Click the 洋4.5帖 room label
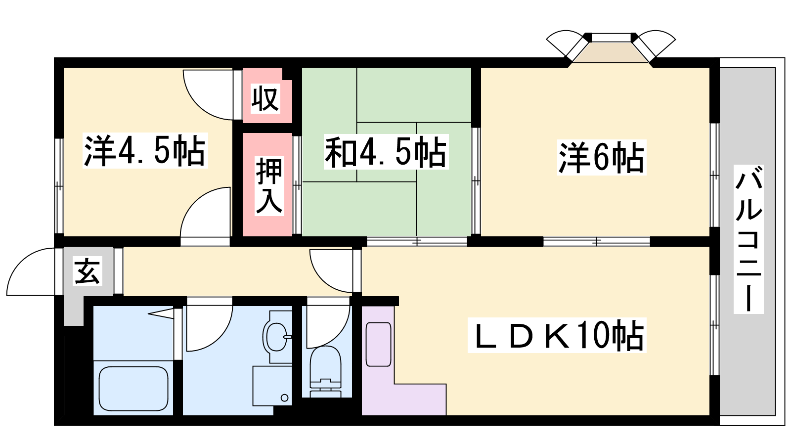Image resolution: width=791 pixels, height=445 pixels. coord(145,150)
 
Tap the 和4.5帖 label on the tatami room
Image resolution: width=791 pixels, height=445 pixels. coord(386,152)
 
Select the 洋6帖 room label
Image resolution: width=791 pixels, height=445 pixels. coord(601,158)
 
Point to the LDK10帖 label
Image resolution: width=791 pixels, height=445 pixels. coord(557,335)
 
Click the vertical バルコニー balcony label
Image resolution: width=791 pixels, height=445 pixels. coord(748,239)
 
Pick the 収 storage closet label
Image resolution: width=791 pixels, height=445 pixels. coord(265,98)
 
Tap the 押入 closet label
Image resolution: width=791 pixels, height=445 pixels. coord(269,186)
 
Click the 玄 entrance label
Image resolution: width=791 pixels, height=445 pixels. coord(88,271)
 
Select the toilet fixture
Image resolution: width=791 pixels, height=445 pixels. coord(325,371)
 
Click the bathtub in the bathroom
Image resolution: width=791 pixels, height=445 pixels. coord(133,389)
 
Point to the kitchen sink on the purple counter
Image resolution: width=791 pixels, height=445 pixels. coord(379,344)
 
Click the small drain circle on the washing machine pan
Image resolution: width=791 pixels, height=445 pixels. coord(285,398)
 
